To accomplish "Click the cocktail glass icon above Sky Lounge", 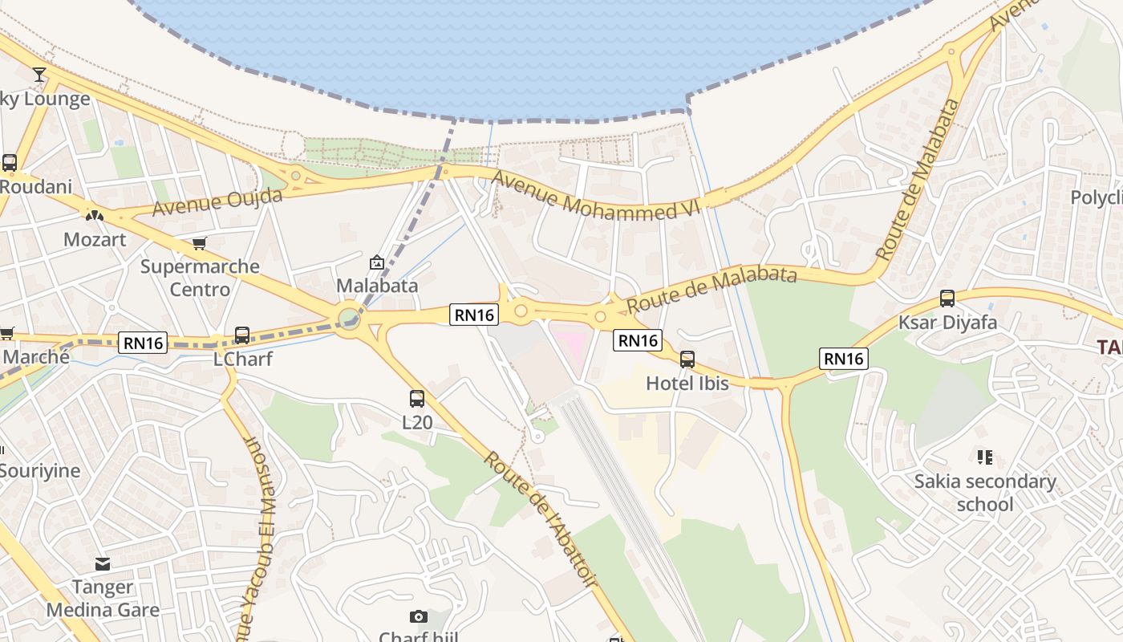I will [x=39, y=75].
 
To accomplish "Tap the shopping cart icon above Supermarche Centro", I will [x=199, y=243].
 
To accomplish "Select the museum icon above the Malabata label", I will [x=376, y=262].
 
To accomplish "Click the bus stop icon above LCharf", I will [x=241, y=335].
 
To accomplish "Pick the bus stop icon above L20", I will [x=416, y=399].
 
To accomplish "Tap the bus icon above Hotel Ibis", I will [x=687, y=360].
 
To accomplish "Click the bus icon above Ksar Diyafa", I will [x=947, y=299].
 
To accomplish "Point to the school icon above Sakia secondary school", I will [x=985, y=457].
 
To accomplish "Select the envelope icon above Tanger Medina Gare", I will [x=102, y=563].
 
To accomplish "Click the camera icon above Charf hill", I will [x=418, y=616].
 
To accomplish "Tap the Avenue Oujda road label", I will [x=217, y=202].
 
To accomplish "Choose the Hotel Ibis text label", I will [x=687, y=384].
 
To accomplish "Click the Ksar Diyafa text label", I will [x=947, y=323].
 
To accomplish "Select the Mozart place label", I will [x=95, y=239].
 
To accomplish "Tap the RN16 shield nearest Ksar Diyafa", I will [x=843, y=359].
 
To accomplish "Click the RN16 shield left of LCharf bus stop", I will [x=144, y=343].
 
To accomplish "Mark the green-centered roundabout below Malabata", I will [x=349, y=319].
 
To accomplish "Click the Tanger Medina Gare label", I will [x=103, y=599].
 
